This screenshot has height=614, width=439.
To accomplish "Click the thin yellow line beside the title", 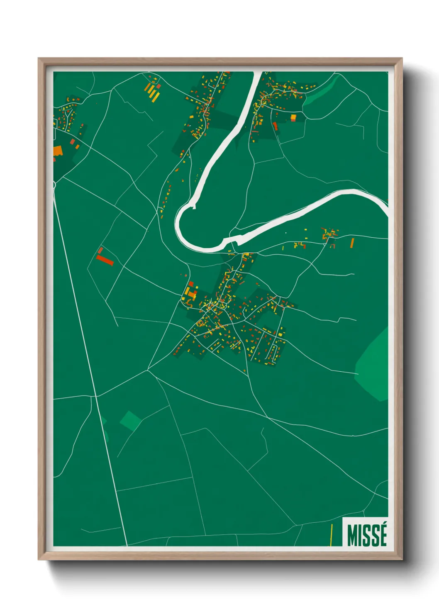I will coord(331,535).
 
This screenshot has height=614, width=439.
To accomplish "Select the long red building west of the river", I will coord(105,260).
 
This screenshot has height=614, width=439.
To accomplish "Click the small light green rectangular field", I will coord(130,420).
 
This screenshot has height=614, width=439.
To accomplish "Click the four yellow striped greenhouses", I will coord(152,93).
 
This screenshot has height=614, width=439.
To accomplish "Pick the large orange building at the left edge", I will coord(57,151).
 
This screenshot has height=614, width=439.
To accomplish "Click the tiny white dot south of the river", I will coord(286,233).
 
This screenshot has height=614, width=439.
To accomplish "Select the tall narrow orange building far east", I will coord(352,243).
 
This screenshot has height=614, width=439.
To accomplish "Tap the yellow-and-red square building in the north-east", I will coord(293,118).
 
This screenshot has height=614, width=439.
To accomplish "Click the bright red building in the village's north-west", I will coord(191,284).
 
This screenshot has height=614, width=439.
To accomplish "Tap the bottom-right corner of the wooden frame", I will coord(402,559).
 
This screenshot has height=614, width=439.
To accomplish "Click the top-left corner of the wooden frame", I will coord(39,59).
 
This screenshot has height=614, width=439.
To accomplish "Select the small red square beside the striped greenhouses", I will coord(158,86).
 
